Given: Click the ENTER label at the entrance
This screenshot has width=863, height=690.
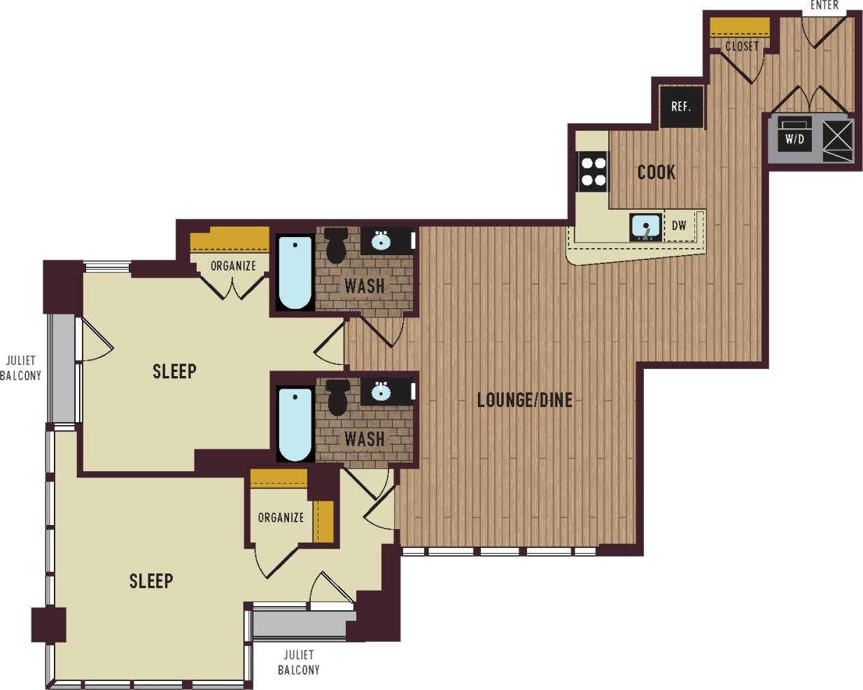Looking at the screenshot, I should pos(824,6).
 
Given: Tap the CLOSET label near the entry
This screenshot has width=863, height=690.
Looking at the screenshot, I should pos(741,46).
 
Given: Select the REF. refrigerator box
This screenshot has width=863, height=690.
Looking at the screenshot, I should pos(681,107).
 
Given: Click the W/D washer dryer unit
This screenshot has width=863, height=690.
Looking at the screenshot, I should pos(794,138).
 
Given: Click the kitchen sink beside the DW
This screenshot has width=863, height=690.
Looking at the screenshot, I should pos(645,227).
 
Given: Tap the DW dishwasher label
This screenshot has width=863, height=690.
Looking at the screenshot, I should pos(678,226).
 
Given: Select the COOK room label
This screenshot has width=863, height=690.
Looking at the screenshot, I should pos(656,172).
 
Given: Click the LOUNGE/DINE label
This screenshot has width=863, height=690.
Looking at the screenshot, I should pos(524,400).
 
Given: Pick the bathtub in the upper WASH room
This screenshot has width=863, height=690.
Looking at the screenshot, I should pos(295,273).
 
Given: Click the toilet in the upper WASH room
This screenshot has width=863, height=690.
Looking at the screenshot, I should pos(337,245).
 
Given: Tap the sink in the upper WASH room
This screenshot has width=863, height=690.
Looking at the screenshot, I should pos(381,241).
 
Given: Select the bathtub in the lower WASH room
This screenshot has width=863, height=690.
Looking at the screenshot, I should pos(295,424).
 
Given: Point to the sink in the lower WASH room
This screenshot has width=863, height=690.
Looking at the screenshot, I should pos(381,392).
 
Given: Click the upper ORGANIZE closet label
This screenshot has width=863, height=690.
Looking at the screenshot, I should pos(233,266).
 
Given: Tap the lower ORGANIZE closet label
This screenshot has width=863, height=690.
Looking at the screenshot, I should pos(281,517).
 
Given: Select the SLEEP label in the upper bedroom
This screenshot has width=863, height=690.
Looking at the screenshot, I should pos(174,371).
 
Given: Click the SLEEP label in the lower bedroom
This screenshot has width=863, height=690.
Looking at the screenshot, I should pos(151,580).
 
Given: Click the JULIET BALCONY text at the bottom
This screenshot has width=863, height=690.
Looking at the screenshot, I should pos(299,662).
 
